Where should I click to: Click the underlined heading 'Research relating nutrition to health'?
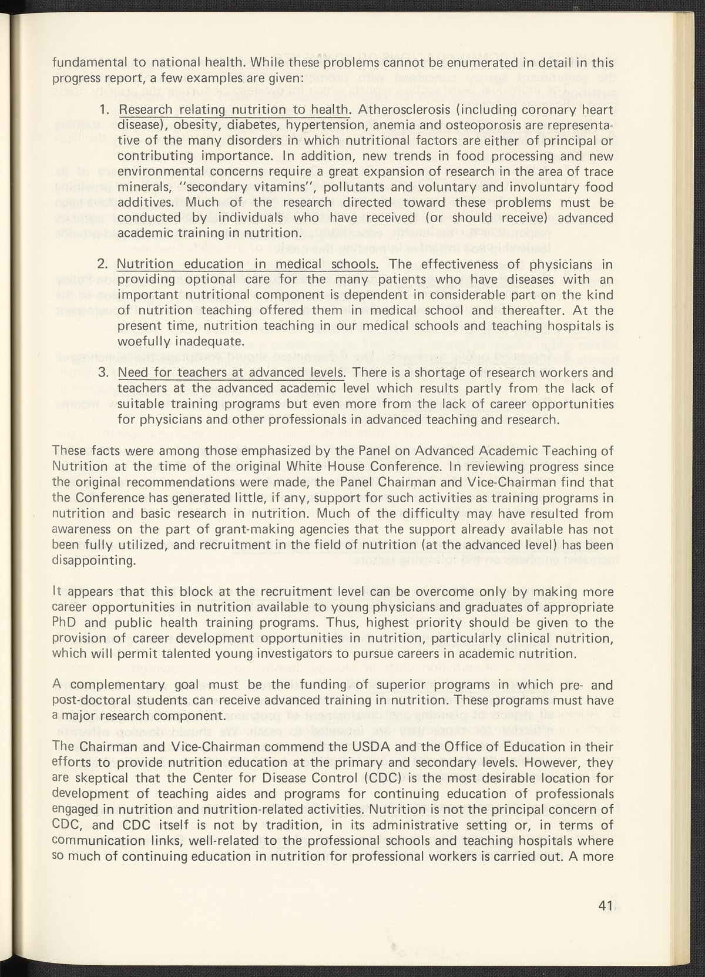pyautogui.click(x=234, y=110)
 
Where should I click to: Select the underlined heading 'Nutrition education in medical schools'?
pyautogui.click(x=247, y=264)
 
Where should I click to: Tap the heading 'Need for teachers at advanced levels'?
pyautogui.click(x=231, y=372)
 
